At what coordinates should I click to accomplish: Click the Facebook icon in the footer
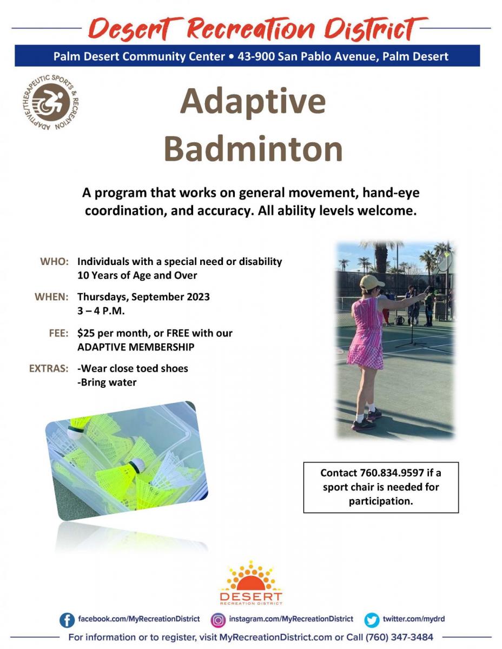pyautogui.click(x=67, y=620)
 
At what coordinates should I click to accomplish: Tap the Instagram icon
pyautogui.click(x=218, y=620)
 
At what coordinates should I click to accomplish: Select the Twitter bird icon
pyautogui.click(x=372, y=620)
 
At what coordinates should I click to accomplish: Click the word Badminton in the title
pyautogui.click(x=253, y=148)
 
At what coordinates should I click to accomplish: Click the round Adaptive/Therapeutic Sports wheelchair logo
pyautogui.click(x=51, y=102)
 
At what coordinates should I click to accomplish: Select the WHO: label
pyautogui.click(x=54, y=261)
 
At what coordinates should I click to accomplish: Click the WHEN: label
pyautogui.click(x=51, y=297)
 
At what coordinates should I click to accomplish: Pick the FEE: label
pyautogui.click(x=59, y=333)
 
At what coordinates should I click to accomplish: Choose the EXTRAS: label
pyautogui.click(x=49, y=368)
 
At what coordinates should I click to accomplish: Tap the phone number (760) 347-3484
pyautogui.click(x=400, y=637)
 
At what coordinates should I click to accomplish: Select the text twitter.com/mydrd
pyautogui.click(x=414, y=619)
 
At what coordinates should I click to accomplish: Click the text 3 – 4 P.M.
pyautogui.click(x=101, y=311)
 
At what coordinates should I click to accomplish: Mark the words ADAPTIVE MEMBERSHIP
pyautogui.click(x=136, y=347)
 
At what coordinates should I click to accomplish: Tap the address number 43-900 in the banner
pyautogui.click(x=256, y=56)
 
